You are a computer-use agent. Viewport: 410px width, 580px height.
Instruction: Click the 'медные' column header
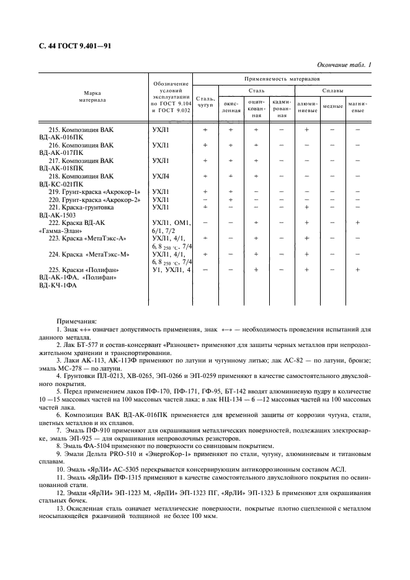click(333, 107)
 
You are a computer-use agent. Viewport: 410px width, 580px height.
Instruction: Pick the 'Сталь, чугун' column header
click(205, 102)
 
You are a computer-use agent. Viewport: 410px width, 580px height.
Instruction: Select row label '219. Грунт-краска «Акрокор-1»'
click(94, 192)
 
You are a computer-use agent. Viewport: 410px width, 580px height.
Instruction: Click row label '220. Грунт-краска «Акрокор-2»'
click(94, 200)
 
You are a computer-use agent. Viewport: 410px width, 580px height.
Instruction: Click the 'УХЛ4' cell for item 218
click(160, 176)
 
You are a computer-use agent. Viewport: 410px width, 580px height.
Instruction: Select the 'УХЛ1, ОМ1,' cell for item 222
click(171, 222)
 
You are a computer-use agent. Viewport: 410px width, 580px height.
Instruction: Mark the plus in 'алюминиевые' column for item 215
click(306, 130)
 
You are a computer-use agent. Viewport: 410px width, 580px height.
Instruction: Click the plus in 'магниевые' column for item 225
click(357, 270)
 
